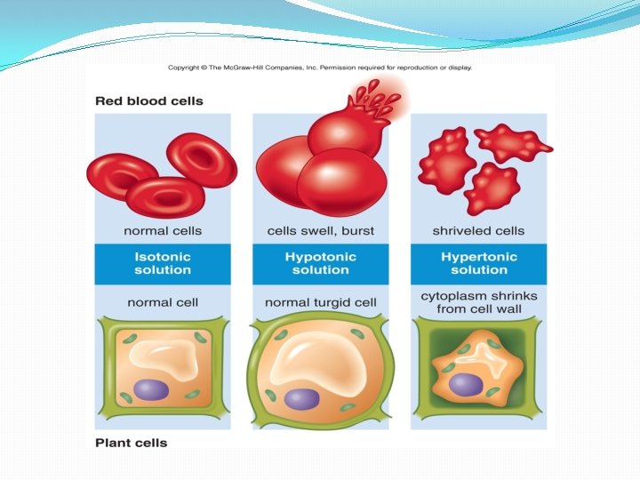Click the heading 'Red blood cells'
pos(149,100)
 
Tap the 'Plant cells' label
pos(131,442)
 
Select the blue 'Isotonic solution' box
pos(163,263)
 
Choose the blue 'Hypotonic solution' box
pos(320,263)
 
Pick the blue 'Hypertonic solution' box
pos(479,263)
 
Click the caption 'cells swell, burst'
pos(321,231)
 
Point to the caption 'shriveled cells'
pos(478,231)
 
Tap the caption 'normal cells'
pos(163,231)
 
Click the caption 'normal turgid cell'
pos(320,303)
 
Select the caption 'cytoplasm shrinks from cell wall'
pos(479,303)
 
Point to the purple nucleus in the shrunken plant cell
pos(466,384)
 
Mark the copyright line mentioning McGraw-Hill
pos(320,68)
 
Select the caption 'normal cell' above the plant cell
pos(163,303)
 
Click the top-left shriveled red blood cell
pos(445,144)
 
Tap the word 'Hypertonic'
pos(479,256)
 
